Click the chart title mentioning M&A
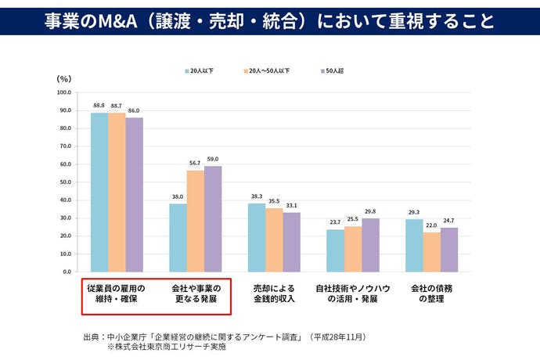270,20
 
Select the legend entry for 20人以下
199,71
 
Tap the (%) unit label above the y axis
64,79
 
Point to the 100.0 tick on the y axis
64,92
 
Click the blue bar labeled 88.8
99,193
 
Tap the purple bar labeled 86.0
135,195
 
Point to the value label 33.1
291,206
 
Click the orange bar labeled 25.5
353,250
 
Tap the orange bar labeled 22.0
431,253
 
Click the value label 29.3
413,212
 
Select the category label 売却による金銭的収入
274,293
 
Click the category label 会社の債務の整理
431,293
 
